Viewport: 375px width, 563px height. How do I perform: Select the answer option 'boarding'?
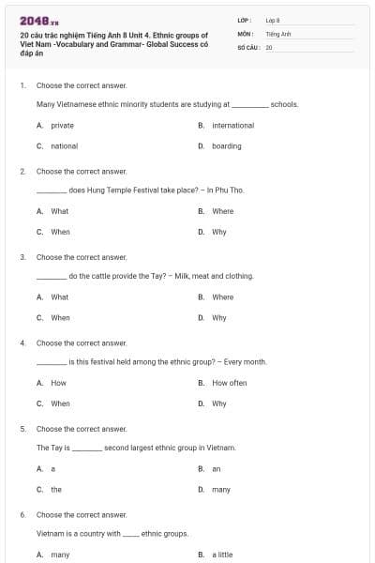226,145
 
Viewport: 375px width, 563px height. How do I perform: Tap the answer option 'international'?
232,125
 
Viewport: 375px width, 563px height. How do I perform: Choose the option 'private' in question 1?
62,125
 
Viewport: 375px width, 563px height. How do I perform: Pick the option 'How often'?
229,383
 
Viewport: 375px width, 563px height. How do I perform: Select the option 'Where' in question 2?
222,211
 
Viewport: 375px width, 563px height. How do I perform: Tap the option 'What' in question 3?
59,297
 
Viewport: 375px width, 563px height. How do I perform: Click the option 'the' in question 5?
56,489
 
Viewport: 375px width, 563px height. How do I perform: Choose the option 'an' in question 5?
216,468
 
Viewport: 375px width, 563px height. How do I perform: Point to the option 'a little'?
222,555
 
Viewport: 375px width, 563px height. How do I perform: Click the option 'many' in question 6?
60,555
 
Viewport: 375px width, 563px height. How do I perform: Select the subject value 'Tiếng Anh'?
277,33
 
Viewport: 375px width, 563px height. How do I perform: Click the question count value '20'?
268,46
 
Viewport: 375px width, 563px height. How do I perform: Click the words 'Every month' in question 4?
246,361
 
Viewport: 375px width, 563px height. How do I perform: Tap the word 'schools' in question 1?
283,104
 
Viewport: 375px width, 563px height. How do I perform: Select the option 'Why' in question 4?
218,403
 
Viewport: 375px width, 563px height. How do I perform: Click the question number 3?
22,256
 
